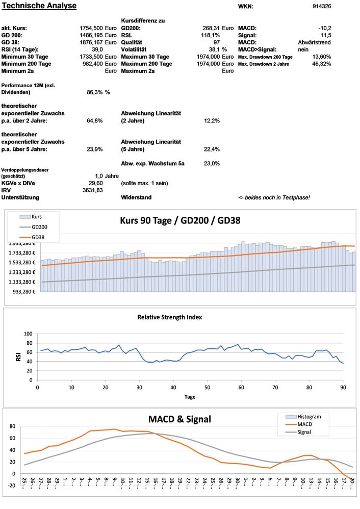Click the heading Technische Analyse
click(39, 6)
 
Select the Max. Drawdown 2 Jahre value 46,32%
click(321, 64)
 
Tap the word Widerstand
click(136, 197)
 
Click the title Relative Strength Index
click(169, 317)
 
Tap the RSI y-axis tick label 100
click(28, 334)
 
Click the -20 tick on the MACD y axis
click(10, 486)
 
